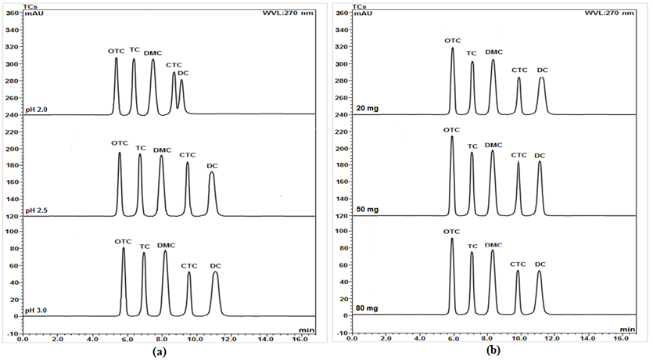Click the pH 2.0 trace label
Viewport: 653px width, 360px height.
(x=37, y=110)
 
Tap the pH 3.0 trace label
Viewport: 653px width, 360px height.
(x=37, y=311)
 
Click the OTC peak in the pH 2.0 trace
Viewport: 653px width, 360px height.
(x=117, y=59)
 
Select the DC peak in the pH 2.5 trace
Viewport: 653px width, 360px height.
(x=212, y=174)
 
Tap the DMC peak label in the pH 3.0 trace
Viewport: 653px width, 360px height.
(x=166, y=246)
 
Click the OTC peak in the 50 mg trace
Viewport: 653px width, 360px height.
(x=452, y=138)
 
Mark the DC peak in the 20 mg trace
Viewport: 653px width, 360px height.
(x=542, y=78)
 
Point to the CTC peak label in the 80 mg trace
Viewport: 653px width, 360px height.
(x=518, y=265)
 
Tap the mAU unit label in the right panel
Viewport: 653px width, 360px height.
(x=363, y=13)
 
